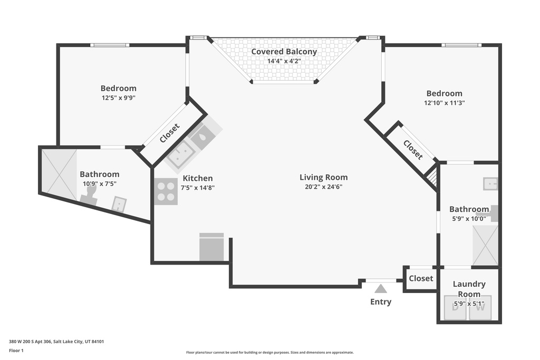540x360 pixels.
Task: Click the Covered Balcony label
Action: (x=284, y=52)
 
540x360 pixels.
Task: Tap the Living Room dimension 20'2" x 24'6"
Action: (x=323, y=187)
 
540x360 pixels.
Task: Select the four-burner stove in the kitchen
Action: (x=166, y=191)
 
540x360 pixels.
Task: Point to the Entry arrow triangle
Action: (x=381, y=288)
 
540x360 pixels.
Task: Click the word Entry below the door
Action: (x=381, y=302)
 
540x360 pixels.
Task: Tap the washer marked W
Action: (x=480, y=307)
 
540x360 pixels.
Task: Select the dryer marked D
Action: (x=455, y=307)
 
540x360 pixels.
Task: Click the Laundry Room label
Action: (x=469, y=289)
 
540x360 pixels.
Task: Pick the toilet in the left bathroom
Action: (x=89, y=197)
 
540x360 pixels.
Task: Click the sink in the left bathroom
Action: (x=119, y=204)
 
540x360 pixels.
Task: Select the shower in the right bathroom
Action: (x=485, y=245)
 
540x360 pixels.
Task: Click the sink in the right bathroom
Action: (x=490, y=183)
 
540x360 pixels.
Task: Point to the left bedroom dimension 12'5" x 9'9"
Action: (x=118, y=98)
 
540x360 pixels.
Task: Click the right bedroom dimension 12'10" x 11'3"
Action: (x=444, y=103)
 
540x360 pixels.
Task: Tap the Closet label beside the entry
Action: (x=421, y=278)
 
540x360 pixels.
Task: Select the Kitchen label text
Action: (x=197, y=178)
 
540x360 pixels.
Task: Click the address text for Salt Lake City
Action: (x=56, y=342)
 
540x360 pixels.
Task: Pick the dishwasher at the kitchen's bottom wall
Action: (x=211, y=247)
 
